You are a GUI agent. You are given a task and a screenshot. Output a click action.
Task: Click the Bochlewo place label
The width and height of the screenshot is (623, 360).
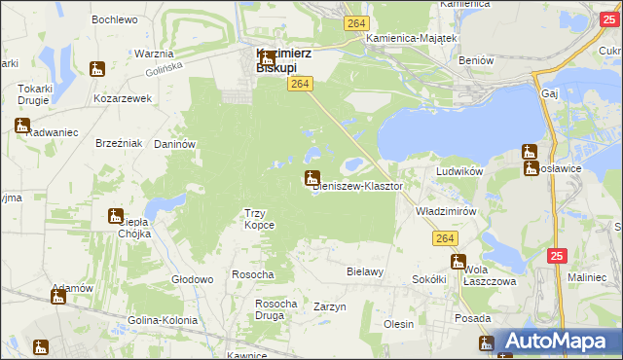113,19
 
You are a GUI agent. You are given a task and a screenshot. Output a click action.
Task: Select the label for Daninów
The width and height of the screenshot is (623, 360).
175,144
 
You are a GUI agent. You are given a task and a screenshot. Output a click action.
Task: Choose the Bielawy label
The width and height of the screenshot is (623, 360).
365,271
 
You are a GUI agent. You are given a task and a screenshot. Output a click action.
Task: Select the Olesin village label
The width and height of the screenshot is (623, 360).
399,324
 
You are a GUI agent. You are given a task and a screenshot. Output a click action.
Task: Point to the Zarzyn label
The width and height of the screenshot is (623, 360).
330,306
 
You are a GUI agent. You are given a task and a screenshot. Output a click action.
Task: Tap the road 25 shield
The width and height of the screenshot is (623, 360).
556,256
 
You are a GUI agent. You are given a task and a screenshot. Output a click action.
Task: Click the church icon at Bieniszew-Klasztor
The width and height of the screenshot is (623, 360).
311,178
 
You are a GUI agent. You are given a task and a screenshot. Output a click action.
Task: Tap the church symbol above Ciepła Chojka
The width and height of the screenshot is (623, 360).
116,216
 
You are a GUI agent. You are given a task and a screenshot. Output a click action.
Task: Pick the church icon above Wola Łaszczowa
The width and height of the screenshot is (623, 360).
458,261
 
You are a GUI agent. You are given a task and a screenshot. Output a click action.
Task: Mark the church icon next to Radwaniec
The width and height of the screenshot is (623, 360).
22,125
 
